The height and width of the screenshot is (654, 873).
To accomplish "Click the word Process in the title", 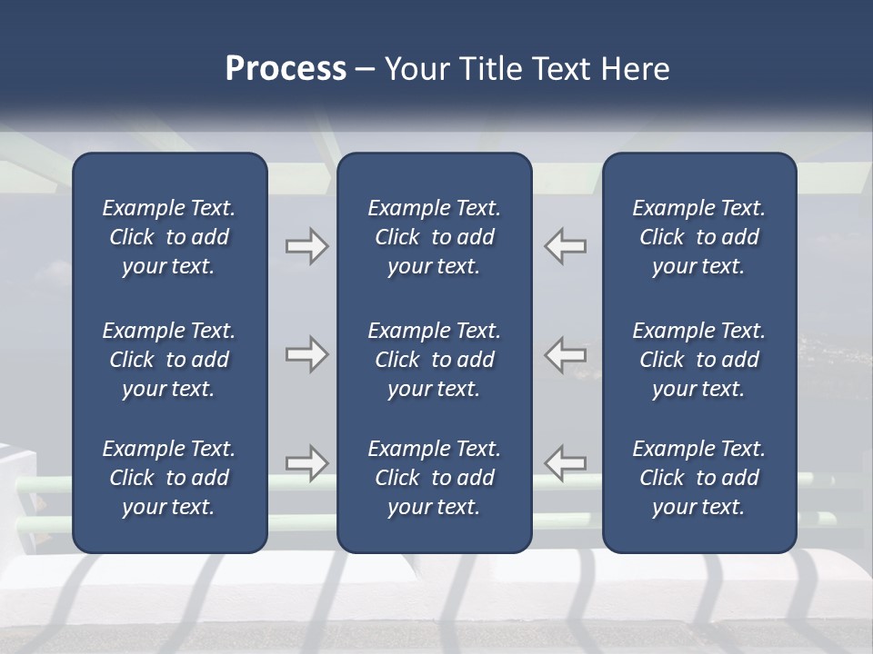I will point(286,69).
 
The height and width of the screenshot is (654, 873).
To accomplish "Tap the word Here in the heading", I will point(635,69).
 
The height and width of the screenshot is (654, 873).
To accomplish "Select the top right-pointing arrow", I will point(306,246).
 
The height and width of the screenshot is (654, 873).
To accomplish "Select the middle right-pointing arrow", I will point(306,354).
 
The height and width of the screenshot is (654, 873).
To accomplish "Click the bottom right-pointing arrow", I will point(306,462).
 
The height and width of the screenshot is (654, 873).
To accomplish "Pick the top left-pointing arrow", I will point(566,246).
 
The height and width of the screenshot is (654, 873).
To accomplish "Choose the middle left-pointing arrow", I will point(566,354).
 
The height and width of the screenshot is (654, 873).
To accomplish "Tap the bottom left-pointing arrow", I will point(566,462).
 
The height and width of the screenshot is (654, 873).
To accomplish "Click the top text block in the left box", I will point(169,237).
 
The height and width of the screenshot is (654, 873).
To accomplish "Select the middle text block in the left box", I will point(169,360).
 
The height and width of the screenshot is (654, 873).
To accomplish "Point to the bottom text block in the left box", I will point(169,478).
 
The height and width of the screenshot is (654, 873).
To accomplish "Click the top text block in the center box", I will point(434,237).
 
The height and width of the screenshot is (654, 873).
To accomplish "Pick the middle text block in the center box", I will point(434,360).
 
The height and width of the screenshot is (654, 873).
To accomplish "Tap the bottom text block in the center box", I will point(434,478).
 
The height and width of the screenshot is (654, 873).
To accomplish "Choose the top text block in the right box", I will point(699,237).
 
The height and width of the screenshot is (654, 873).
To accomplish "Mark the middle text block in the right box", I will point(699,360).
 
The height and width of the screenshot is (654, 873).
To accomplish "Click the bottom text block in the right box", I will point(699,478).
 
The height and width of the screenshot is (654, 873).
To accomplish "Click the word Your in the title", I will point(416,69).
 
